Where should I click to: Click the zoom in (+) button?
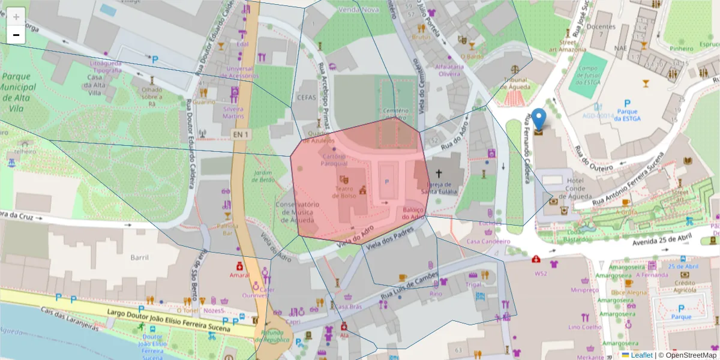point(16,17)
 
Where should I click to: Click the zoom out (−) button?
point(16,35)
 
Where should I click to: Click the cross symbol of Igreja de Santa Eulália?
point(439,173)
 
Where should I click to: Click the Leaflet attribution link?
point(641,355)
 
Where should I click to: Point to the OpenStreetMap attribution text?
point(688,355)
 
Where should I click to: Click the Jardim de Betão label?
point(264,176)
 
